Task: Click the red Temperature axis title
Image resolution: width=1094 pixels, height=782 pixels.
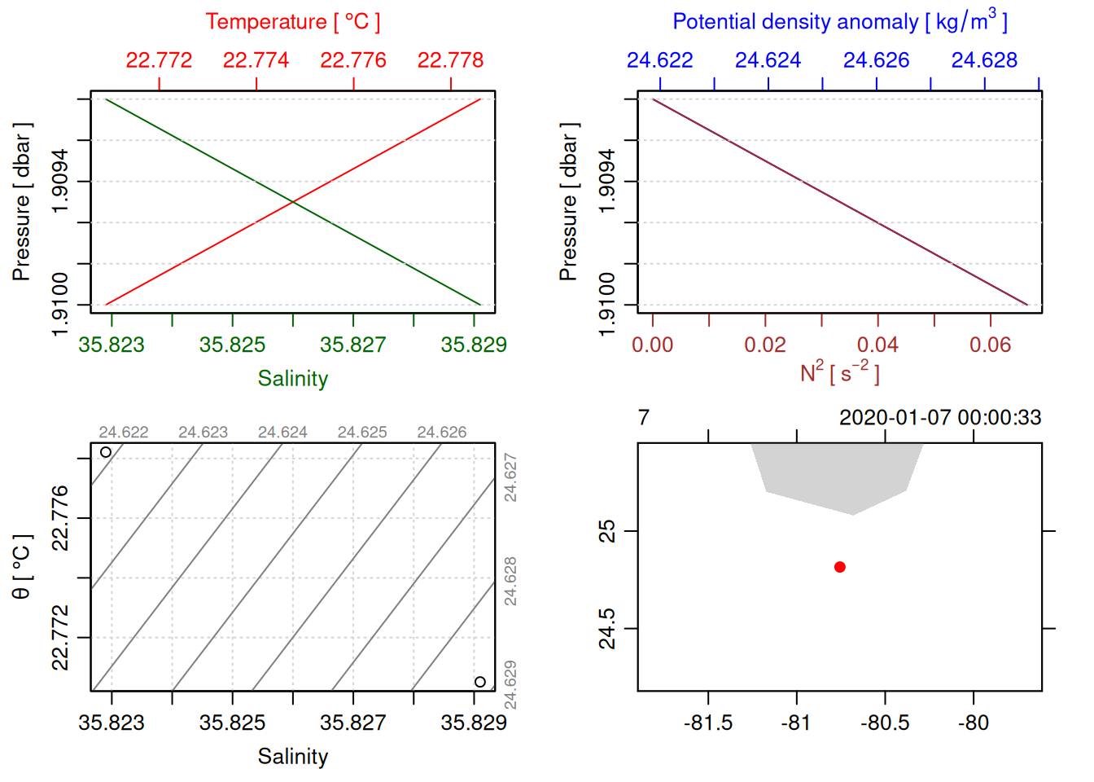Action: pos(292,21)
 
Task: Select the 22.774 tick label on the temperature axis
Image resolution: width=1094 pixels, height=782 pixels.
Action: pos(256,60)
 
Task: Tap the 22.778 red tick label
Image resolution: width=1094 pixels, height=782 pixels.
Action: pos(450,60)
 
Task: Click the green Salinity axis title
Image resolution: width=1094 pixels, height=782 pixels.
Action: pos(292,379)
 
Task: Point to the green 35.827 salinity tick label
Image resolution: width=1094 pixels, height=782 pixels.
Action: pos(352,345)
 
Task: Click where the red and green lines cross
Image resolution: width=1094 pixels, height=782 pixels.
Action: pos(293,201)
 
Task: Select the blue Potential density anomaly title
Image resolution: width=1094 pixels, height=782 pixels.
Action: pos(839,21)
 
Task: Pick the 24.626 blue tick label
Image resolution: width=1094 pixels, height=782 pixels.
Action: pos(876,60)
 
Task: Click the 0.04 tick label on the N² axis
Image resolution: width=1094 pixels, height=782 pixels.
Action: pos(877,345)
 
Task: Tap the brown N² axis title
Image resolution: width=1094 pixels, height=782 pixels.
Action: pos(839,372)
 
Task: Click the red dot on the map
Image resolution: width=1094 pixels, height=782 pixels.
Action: pos(840,567)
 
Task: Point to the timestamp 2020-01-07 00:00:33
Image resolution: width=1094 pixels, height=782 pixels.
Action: pos(940,418)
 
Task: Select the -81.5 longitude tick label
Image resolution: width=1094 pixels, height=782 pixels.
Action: pos(708,723)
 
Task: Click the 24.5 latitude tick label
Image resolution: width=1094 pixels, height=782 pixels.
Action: pos(607,629)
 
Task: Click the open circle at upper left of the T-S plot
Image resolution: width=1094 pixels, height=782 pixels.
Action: pos(106,452)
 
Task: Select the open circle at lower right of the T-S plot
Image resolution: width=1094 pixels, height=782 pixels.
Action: pos(480,682)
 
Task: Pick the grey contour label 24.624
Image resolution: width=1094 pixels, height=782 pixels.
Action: pos(282,433)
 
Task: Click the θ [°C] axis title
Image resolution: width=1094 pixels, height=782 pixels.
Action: pos(21,567)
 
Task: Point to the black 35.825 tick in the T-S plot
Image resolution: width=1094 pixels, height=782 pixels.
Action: pos(232,723)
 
